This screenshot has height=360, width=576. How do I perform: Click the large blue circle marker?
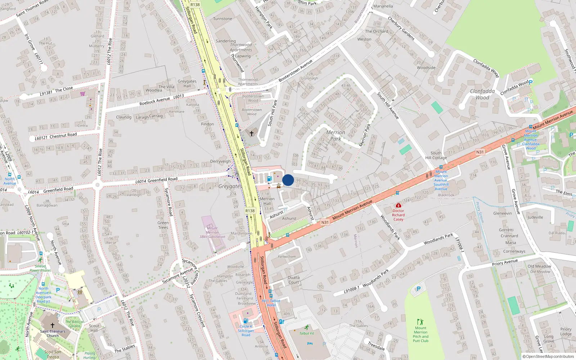[x=288, y=180]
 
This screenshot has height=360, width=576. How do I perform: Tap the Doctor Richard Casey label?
[x=398, y=215]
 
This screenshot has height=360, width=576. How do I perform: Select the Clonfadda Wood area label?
[x=482, y=94]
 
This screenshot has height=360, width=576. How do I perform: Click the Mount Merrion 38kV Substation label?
[x=212, y=232]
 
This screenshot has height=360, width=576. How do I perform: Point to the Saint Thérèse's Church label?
[x=53, y=333]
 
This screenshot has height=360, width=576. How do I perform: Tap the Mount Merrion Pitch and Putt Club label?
[x=420, y=334]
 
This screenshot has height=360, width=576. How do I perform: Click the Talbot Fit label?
[x=307, y=333]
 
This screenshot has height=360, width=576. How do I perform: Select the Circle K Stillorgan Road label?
[x=246, y=330]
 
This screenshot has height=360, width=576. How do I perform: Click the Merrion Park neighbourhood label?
[x=336, y=135]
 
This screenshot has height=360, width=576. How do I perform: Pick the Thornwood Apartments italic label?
[x=241, y=48]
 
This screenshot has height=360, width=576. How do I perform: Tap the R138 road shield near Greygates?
[x=250, y=211]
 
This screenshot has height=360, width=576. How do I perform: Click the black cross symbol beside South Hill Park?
[x=252, y=133]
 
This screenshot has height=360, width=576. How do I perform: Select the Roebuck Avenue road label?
[x=155, y=102]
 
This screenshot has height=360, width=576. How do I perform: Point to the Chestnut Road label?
[x=63, y=135]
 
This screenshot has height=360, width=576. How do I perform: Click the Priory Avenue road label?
[x=505, y=262]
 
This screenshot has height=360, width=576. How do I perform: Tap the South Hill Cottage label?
[x=436, y=155]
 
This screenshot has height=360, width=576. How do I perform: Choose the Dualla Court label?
[x=294, y=280]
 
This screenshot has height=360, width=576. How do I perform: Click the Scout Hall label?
[x=94, y=328]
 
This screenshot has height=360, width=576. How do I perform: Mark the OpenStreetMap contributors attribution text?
[x=548, y=356]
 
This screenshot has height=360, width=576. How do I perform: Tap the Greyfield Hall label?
[x=187, y=84]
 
